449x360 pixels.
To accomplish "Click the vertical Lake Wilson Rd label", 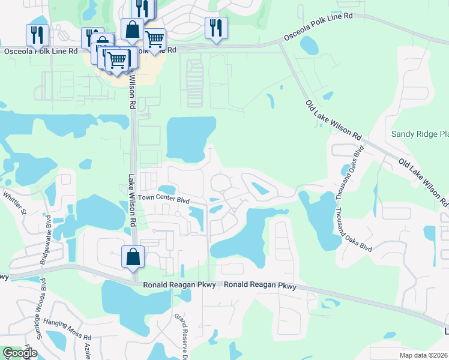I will pos(132,200).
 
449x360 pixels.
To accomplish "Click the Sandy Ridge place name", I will pos(420,134).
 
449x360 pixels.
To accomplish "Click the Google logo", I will pos(20,353).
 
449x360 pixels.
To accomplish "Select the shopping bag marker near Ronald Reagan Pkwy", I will pos(133,257).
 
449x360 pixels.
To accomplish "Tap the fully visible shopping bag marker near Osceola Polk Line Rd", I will pos(132,29).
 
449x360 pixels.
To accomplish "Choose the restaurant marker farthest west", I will pos(37,35).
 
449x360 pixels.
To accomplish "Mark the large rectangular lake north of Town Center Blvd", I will pos(191,138).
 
